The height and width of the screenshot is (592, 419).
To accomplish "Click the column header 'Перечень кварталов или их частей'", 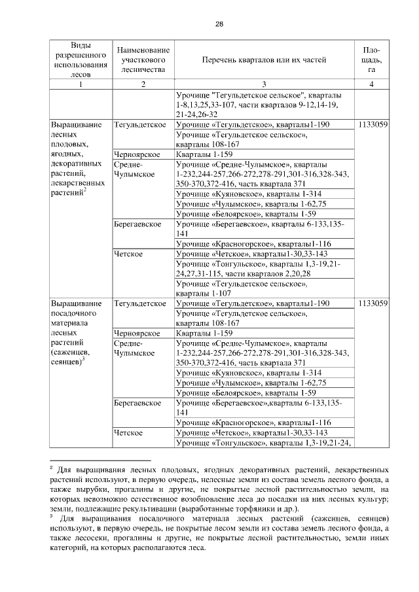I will tap(263, 60).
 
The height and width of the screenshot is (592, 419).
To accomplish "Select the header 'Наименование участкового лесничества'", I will tap(143, 60).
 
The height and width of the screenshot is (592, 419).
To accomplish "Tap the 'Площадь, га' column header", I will tap(372, 60).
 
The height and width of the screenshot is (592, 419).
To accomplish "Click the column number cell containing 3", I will tap(263, 84).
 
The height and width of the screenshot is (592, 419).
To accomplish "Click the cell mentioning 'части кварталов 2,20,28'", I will tap(263, 268).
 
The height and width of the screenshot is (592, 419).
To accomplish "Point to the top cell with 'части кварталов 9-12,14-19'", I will tap(263, 104).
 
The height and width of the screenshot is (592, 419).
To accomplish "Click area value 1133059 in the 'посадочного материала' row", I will tap(372, 304).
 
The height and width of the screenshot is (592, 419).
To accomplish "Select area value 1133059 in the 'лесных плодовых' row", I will tap(372, 124).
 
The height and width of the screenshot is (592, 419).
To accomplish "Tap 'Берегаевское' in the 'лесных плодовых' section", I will tap(137, 224).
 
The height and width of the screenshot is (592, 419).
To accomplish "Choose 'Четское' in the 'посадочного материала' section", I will tap(128, 432).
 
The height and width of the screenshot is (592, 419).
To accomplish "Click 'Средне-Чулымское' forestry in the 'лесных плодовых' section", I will tap(134, 169).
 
